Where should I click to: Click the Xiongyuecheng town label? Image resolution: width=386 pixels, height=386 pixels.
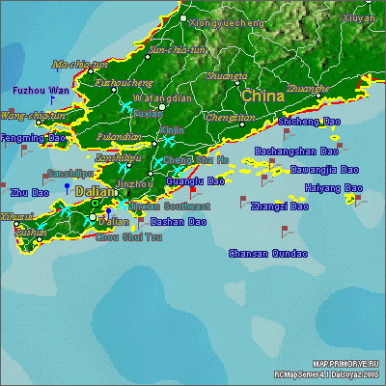pos(228,21)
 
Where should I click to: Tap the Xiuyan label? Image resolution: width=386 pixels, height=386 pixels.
pos(358,18)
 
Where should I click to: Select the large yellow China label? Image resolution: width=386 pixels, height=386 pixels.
pos(262,96)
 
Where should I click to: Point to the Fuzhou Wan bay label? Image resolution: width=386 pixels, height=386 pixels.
pos(41,90)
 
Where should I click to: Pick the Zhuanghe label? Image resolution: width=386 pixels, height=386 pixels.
pos(308,88)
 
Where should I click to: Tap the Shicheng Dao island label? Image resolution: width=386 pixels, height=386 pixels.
pos(309,122)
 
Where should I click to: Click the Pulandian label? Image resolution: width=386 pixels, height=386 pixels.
pos(119,137)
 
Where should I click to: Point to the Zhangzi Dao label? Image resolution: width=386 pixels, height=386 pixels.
pos(279,206)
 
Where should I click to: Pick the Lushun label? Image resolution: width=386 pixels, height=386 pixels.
pos(30,232)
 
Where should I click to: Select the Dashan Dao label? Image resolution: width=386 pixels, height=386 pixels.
pos(179,221)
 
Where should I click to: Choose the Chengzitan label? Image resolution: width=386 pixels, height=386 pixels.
pos(231,118)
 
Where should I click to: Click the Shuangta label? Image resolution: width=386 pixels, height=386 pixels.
pos(227,75)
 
